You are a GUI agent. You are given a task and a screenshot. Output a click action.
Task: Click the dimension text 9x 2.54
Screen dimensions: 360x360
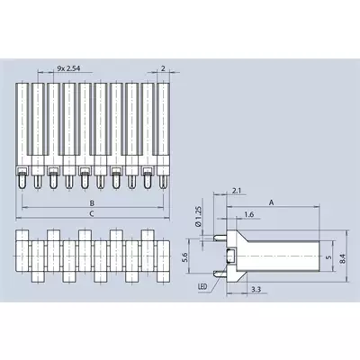tap(68, 68)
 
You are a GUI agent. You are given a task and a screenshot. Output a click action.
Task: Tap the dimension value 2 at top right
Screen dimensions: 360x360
tap(163, 68)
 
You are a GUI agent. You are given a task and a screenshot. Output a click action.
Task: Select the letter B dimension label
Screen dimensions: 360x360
tap(92, 203)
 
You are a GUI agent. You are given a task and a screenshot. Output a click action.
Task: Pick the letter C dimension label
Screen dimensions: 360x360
tap(92, 213)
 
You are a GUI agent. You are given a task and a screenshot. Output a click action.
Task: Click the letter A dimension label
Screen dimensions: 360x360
tap(272, 202)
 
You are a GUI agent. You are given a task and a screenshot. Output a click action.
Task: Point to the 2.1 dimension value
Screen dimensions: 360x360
tap(237, 191)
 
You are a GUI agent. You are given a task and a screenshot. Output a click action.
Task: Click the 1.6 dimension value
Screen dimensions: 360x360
tap(249, 214)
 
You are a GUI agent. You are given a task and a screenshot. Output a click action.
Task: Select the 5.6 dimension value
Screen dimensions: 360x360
tap(184, 257)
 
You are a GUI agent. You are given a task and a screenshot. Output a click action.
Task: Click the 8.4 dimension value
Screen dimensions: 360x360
tap(343, 258)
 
